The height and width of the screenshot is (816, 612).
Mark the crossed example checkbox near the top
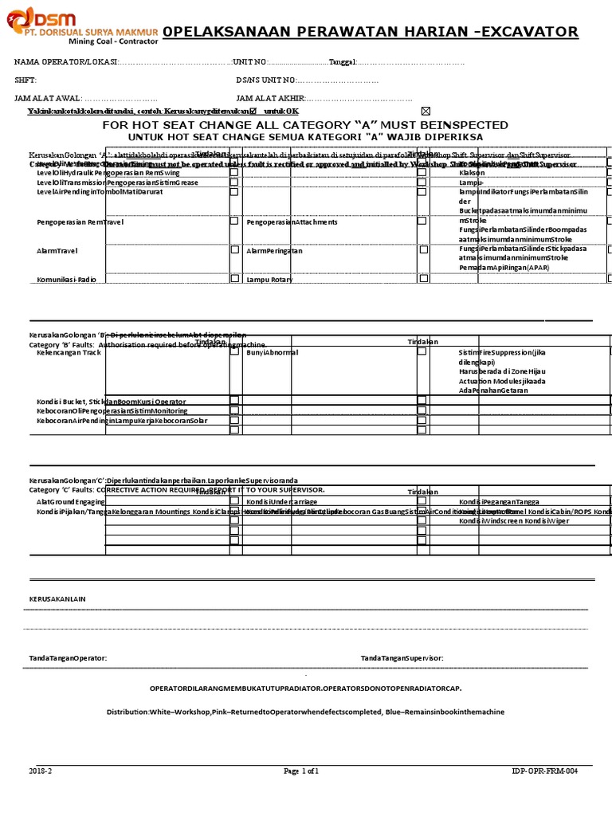pos(425,111)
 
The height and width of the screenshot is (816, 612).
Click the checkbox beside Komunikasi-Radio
pos(234,278)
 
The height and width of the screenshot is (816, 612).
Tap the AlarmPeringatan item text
pos(275,250)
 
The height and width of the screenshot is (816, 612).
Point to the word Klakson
pos(472,173)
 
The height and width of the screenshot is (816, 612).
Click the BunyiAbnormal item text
pos(272,351)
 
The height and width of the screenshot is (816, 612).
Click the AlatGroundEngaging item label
pos(70,502)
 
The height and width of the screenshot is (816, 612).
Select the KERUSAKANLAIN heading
pos(57,598)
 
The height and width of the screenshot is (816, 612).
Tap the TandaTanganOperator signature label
pos(68,658)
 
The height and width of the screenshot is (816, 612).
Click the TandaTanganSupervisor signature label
pos(402,658)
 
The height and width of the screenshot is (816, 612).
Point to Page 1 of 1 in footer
pos(301,771)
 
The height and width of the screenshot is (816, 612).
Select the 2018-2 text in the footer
pos(40,771)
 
